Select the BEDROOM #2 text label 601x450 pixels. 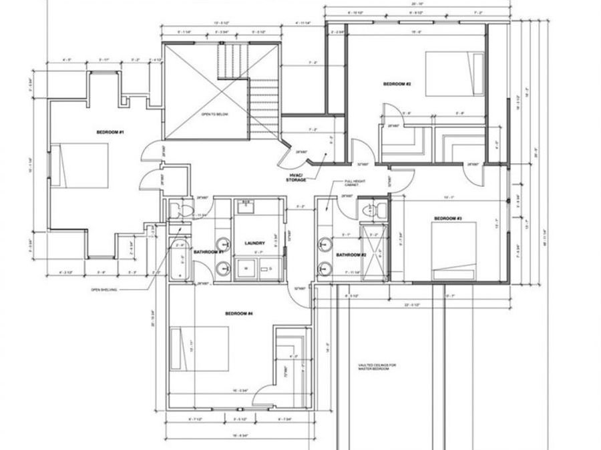397,84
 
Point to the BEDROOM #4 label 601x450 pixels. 238,313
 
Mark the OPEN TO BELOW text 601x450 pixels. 215,115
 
